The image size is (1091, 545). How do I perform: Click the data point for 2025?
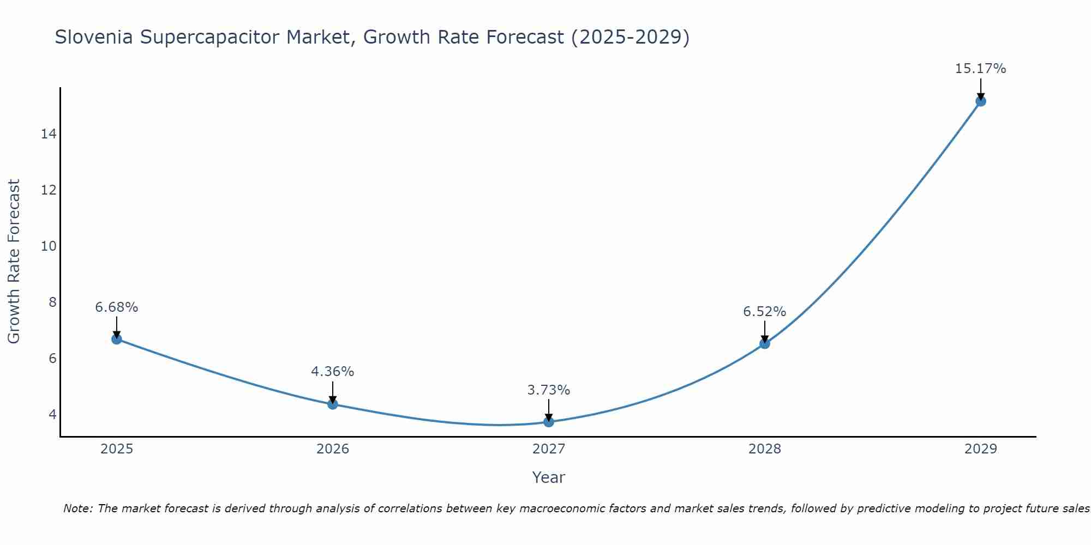[x=117, y=339]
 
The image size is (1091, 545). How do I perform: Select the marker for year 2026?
[x=333, y=404]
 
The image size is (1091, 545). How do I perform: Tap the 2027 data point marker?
[x=549, y=422]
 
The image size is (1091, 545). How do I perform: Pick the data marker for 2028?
[x=765, y=343]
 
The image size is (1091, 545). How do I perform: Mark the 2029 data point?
[x=981, y=101]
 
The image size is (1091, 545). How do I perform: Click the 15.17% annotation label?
[x=980, y=69]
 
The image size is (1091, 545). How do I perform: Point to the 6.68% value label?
[x=117, y=307]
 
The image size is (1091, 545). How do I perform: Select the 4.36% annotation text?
[x=333, y=372]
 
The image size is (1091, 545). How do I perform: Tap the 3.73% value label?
[x=549, y=390]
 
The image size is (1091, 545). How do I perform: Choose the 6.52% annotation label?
[x=765, y=312]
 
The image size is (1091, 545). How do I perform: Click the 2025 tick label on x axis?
[x=117, y=449]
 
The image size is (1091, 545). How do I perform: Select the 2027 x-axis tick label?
[x=549, y=449]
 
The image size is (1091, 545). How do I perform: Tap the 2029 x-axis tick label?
[x=981, y=449]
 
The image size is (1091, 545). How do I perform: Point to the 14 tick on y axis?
[x=49, y=134]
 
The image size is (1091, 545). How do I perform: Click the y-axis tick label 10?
[x=49, y=246]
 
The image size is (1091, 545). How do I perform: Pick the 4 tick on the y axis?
[x=52, y=414]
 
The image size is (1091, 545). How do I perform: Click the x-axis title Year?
[x=549, y=477]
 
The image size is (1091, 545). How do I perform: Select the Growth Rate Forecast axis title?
[x=14, y=262]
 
